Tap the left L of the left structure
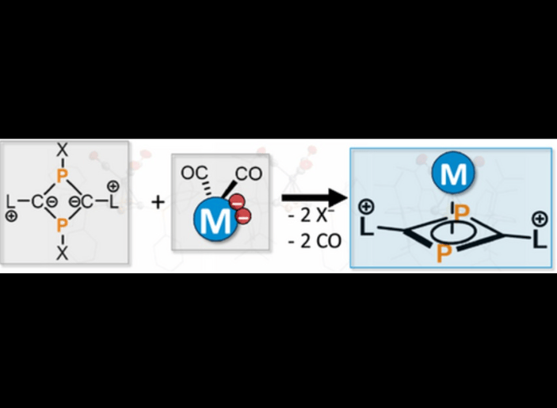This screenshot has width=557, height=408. click(10, 201)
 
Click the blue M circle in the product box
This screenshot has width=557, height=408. click(452, 173)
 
